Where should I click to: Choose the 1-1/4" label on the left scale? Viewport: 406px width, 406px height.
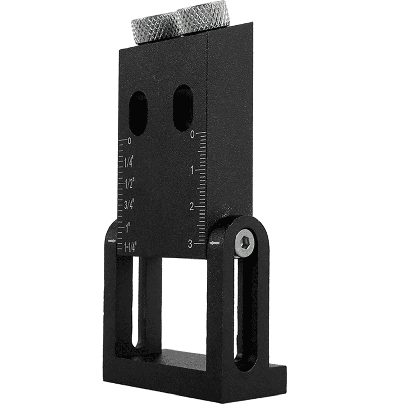pyautogui.click(x=130, y=248)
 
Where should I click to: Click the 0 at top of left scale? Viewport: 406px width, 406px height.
pyautogui.click(x=129, y=141)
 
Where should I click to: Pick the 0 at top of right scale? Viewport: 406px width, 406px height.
pyautogui.click(x=193, y=135)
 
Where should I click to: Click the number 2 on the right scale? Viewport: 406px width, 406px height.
pyautogui.click(x=191, y=207)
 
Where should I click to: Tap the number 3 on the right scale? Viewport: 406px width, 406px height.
pyautogui.click(x=190, y=243)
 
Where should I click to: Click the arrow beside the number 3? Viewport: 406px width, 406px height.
pyautogui.click(x=214, y=243)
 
